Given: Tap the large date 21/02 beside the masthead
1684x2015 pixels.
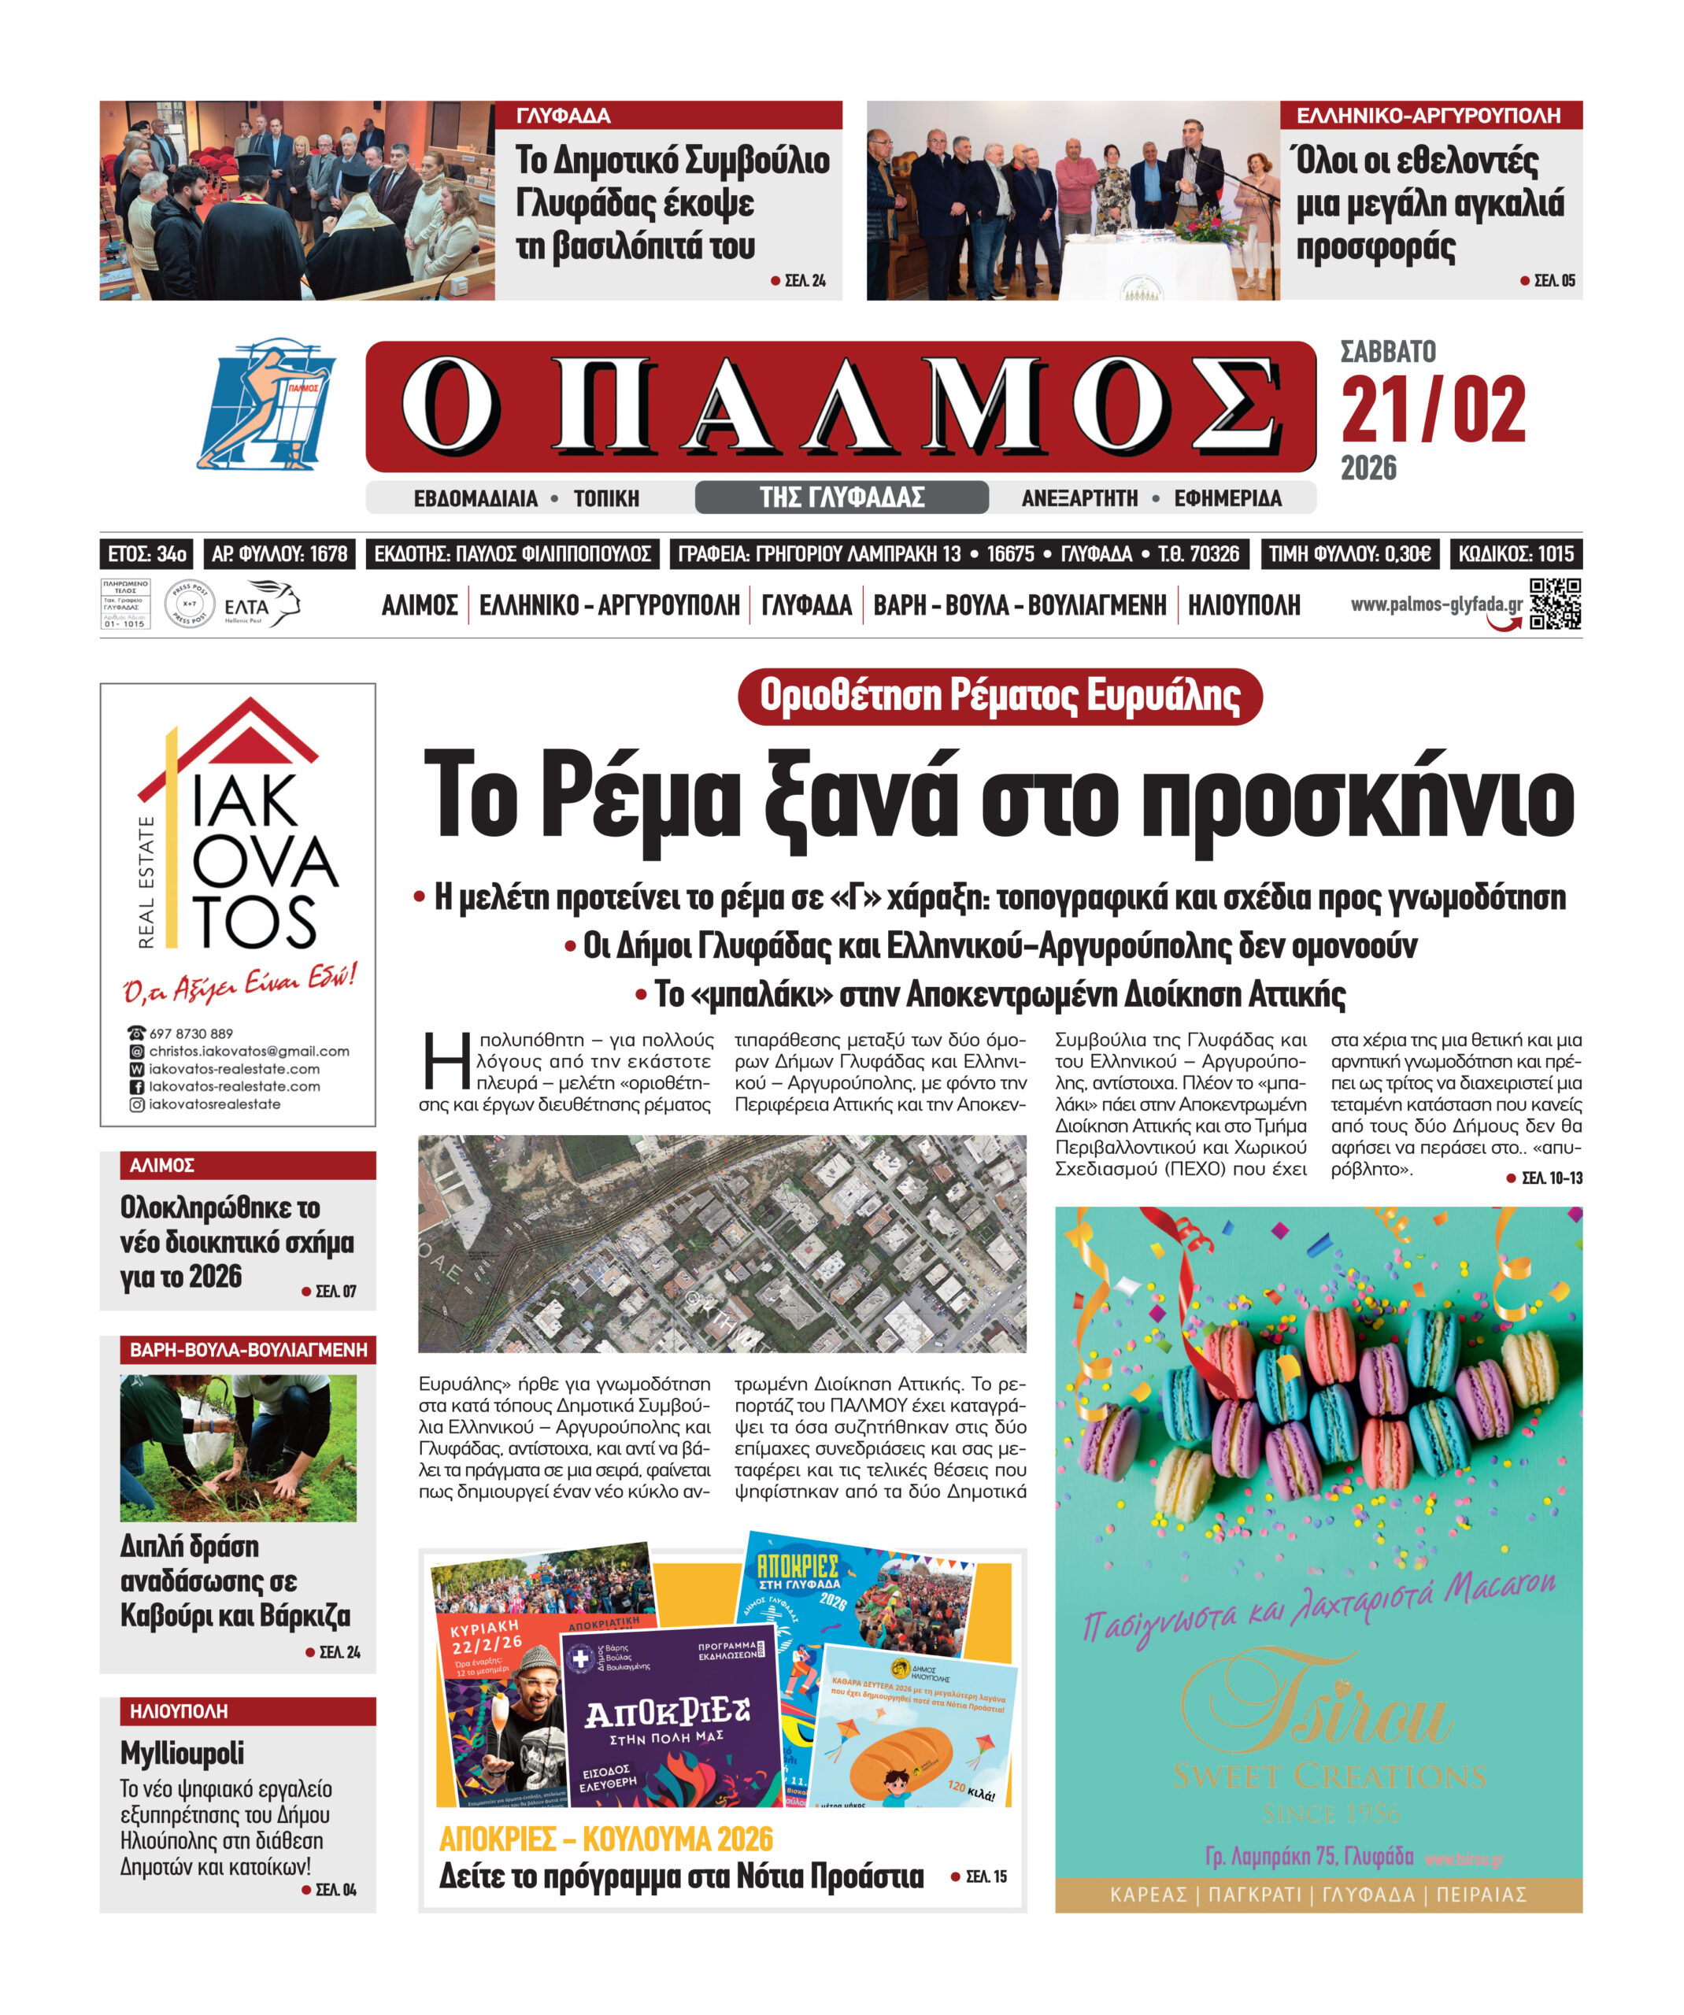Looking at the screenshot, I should point(1433,410).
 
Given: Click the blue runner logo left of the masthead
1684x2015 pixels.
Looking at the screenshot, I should point(267,403).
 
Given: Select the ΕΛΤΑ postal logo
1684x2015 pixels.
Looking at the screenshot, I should point(260,605).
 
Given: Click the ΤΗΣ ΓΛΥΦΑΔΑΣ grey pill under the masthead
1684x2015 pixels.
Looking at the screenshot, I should point(842,497).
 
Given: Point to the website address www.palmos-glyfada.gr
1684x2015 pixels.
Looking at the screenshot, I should point(1435,604).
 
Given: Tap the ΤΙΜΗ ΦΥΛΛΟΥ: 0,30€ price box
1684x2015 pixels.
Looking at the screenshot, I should point(1349,553).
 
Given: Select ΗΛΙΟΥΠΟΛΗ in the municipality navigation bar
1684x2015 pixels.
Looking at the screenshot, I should point(1244,605).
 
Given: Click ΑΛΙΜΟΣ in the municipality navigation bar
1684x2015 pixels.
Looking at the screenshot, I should point(420,605).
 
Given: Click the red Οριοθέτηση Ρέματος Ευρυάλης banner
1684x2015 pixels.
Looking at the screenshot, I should point(999,696).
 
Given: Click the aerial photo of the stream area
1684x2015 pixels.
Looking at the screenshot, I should point(722,1244).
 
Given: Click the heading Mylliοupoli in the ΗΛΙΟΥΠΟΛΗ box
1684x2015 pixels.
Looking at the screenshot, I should point(183,1753).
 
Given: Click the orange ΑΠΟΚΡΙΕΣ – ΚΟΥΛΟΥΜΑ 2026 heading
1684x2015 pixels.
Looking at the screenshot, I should point(605,1839).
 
